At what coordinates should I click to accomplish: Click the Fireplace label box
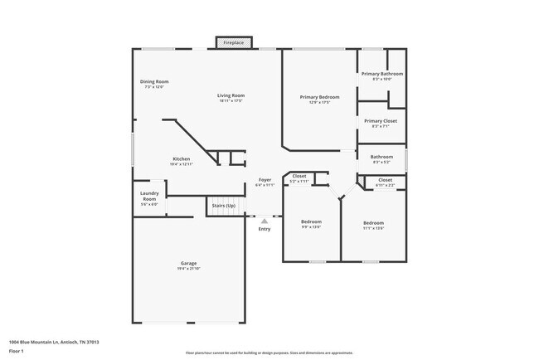click(x=233, y=42)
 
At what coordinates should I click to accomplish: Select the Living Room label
click(x=231, y=95)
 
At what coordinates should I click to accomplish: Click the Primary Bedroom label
click(x=319, y=97)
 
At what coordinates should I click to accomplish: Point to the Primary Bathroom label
click(x=381, y=74)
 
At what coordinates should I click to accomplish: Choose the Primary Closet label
click(x=381, y=121)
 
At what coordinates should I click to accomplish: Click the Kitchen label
click(x=181, y=158)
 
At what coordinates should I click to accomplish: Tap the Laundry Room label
click(x=149, y=197)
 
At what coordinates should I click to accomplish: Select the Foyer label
click(x=265, y=180)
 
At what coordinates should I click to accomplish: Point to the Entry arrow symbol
click(x=265, y=221)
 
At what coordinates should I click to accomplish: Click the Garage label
click(x=189, y=263)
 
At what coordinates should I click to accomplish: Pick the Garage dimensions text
click(x=189, y=269)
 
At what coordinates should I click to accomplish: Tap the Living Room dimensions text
click(x=231, y=101)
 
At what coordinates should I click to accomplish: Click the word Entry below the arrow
click(x=265, y=229)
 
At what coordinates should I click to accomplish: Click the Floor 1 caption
click(x=17, y=351)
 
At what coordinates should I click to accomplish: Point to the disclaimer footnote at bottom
click(x=269, y=353)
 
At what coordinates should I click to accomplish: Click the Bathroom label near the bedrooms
click(x=381, y=157)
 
